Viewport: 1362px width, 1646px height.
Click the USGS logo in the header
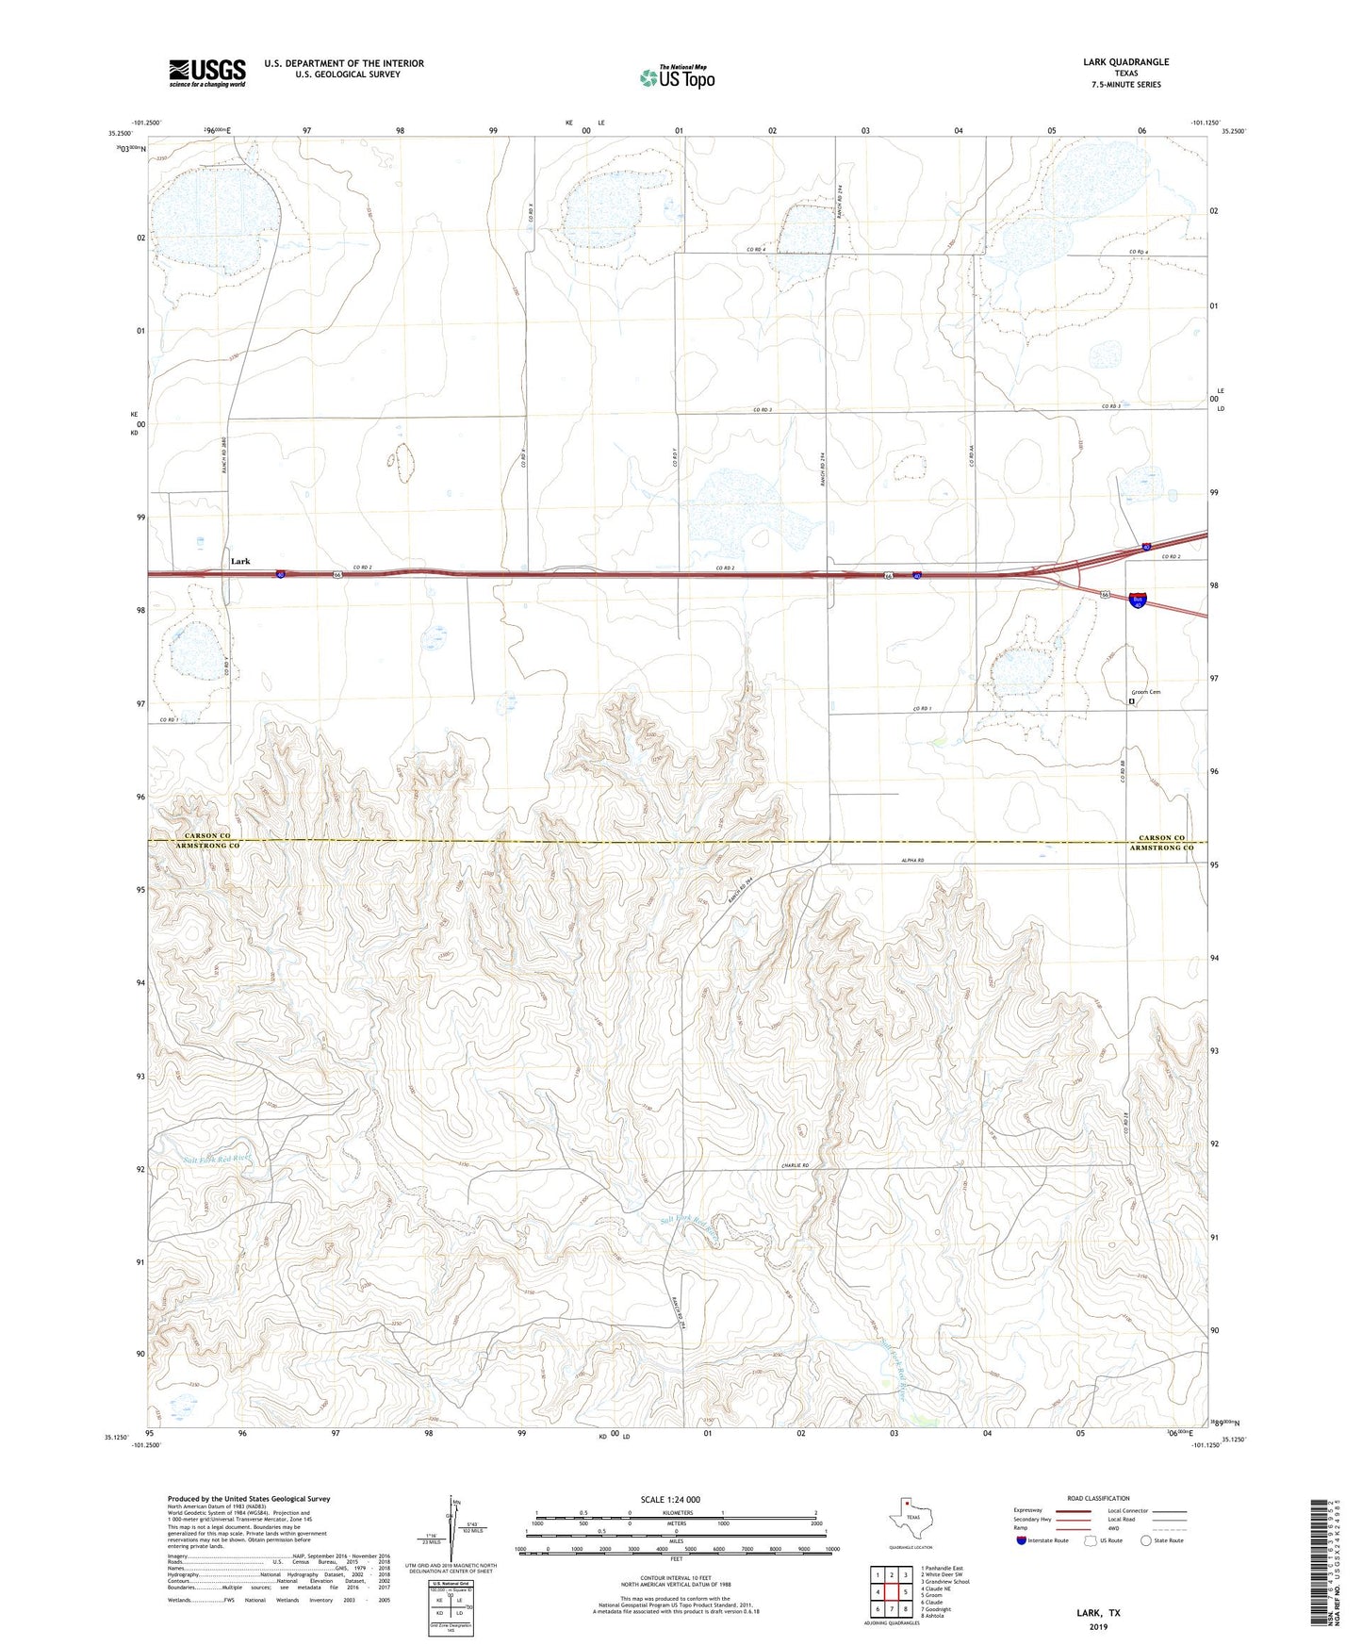(x=207, y=73)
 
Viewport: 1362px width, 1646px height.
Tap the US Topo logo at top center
(x=677, y=77)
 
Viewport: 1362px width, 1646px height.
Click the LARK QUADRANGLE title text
(x=1125, y=62)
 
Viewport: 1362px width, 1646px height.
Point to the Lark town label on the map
(x=240, y=561)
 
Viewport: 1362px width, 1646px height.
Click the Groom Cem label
(x=1145, y=692)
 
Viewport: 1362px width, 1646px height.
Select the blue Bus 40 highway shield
(x=1138, y=600)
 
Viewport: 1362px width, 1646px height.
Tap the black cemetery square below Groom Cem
(x=1132, y=700)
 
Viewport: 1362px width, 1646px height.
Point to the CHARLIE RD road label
(x=795, y=1165)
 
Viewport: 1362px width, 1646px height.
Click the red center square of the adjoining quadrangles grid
(x=891, y=1592)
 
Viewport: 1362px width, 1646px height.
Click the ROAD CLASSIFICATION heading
(x=1098, y=1498)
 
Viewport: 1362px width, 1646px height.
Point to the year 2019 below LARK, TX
(x=1099, y=1626)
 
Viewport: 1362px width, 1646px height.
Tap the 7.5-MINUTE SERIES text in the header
(x=1125, y=85)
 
